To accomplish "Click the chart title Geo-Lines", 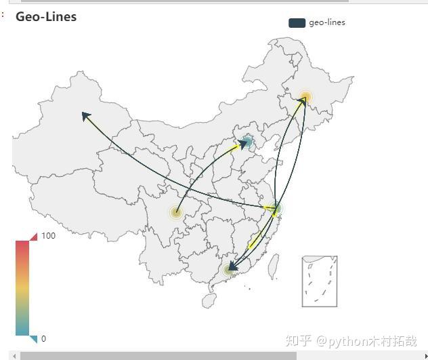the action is coord(46,17).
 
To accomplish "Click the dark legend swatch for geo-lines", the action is coord(297,23).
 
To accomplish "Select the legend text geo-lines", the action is coord(327,22).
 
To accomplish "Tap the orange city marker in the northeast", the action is coord(305,97).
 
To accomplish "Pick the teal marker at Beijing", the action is coord(247,142).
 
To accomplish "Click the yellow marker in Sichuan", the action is coord(176,213).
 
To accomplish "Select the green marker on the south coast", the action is coord(228,270).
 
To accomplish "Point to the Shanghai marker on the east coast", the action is coord(275,209).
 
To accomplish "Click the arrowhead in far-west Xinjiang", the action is coord(85,116).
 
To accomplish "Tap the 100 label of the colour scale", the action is coord(49,236).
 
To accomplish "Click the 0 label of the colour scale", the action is coord(44,338).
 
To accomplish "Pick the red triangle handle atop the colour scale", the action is coord(33,236).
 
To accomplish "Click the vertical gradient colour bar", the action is coord(23,287).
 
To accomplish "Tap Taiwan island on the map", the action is coord(274,266).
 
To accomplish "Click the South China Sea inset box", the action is coord(319,281).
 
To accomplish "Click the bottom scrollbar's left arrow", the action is coord(14,356).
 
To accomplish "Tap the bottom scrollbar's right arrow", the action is coord(425,356).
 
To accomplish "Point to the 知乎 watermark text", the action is coord(298,340).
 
